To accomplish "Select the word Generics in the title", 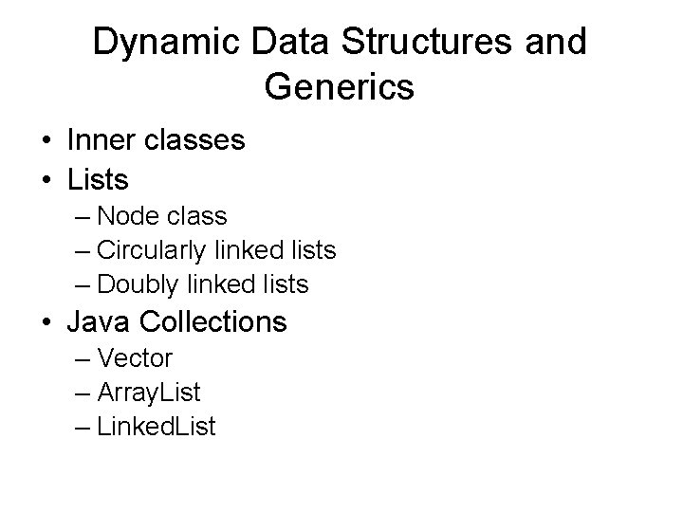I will click(x=340, y=87).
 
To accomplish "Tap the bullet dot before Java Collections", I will click(x=46, y=322).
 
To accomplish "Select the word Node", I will click(x=133, y=216).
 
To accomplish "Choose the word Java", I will click(x=100, y=321).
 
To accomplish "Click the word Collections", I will click(x=212, y=321).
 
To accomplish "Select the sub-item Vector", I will click(x=135, y=358).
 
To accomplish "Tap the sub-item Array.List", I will click(x=149, y=392).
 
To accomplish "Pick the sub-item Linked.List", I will click(x=157, y=426).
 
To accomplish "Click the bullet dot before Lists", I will click(x=46, y=178).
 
